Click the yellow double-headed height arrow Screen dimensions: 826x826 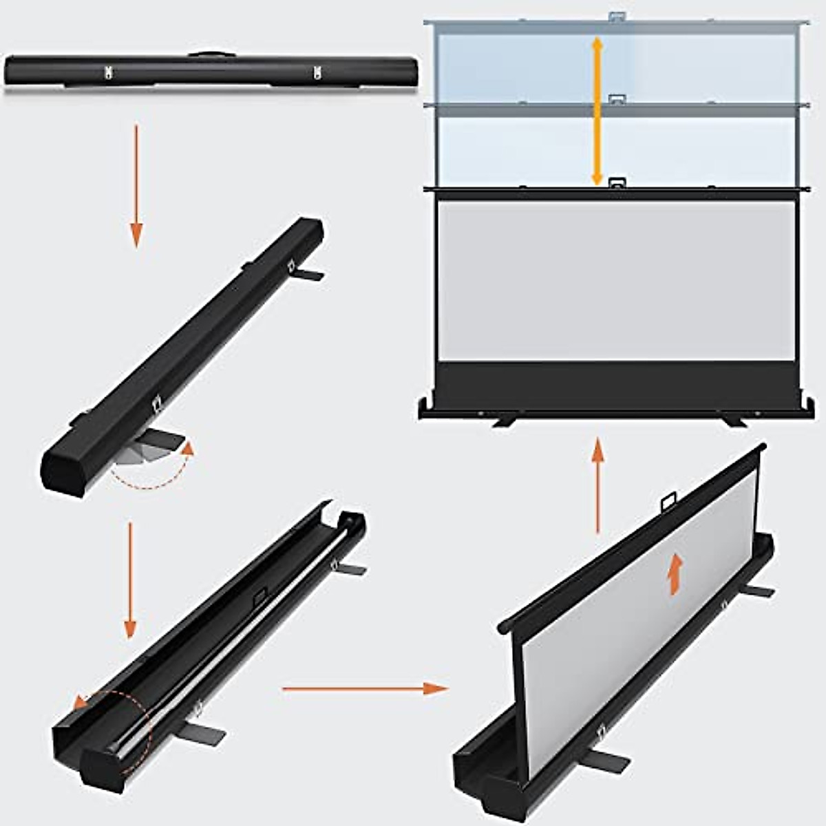click(597, 111)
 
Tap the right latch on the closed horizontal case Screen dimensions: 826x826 click(317, 72)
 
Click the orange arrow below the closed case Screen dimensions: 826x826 click(136, 186)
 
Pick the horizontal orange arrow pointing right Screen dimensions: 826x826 click(365, 688)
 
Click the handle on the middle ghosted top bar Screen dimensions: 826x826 click(615, 100)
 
